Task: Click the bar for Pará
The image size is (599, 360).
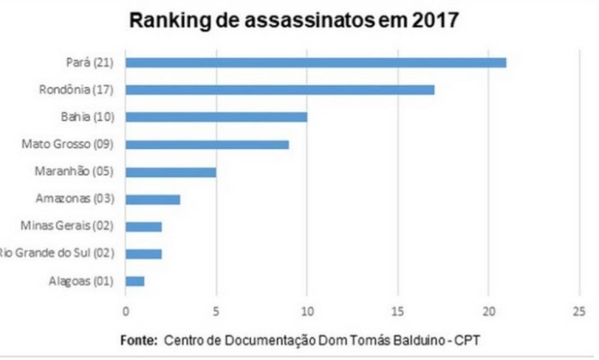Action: tap(315, 62)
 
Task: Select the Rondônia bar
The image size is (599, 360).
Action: tap(279, 89)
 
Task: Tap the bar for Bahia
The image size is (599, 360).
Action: tap(216, 117)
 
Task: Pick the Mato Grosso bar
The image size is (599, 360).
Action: tap(207, 144)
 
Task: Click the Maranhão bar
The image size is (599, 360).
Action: tap(171, 171)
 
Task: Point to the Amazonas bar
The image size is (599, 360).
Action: tap(153, 199)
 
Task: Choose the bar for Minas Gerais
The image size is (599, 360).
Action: tap(143, 226)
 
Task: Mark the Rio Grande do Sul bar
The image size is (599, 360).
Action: tap(143, 254)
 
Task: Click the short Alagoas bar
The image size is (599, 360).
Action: tap(135, 281)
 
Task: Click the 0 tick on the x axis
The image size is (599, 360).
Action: tap(126, 310)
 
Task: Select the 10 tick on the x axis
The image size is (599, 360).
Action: tap(307, 310)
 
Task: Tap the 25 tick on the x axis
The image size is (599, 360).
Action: tap(579, 310)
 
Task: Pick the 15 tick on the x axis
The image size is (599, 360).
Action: tap(398, 310)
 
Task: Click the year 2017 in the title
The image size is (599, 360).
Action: tap(436, 21)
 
